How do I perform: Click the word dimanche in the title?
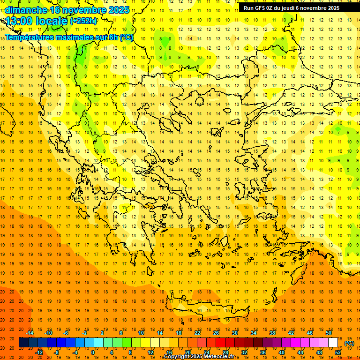tap(26, 10)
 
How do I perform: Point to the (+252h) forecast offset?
tap(83, 21)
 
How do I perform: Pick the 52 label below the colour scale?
tap(338, 352)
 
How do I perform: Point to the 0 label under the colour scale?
tap(92, 352)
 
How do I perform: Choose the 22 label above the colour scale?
tap(197, 332)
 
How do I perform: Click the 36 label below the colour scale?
tap(263, 352)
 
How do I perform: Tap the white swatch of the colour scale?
tap(333, 342)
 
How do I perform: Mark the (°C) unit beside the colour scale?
tap(349, 343)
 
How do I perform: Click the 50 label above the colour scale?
tap(329, 332)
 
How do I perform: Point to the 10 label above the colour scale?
tap(141, 332)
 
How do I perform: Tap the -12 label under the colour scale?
tap(39, 352)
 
